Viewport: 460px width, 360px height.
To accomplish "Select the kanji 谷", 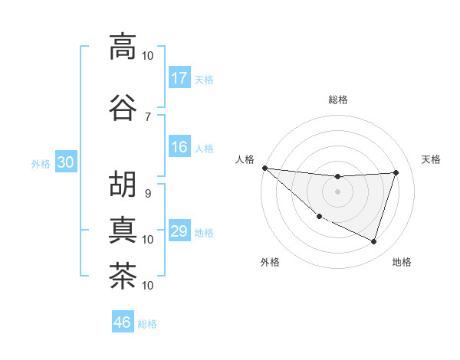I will point(123,106).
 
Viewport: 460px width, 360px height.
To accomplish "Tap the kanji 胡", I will point(123,184).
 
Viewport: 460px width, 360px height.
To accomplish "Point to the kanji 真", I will point(123,230).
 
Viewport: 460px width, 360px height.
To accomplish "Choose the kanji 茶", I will point(123,276).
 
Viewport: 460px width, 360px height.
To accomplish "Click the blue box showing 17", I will point(179,78).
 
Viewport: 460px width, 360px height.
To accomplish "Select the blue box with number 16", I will point(179,148).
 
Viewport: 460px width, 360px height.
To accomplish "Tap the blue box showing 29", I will point(179,232).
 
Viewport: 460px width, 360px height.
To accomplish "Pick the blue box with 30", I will point(65,163).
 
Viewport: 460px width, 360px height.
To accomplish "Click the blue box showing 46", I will point(123,322).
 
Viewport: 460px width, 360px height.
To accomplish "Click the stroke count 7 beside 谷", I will point(148,116).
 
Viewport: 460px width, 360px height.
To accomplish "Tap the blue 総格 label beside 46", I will point(147,324).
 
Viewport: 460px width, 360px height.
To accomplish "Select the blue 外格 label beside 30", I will point(40,164).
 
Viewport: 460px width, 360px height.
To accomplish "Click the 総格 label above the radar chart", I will point(337,100).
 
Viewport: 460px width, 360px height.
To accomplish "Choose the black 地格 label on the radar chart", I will point(402,262).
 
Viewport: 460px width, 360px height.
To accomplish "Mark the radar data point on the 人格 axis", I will point(264,168).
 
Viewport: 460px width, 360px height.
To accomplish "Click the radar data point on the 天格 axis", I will point(396,172).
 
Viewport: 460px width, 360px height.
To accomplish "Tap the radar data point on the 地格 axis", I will point(373,241).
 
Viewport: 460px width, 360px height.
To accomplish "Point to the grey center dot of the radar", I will point(337,191).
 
